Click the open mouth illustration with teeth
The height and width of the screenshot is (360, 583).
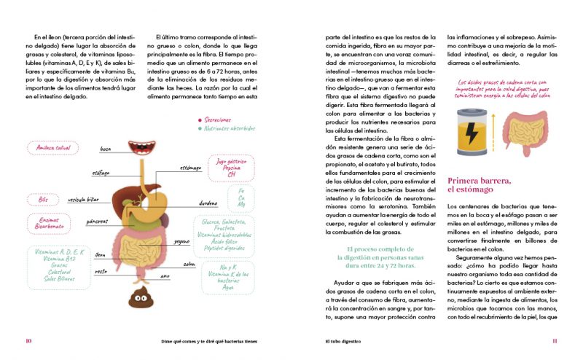(x=141, y=148)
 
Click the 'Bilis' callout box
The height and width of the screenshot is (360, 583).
(x=43, y=199)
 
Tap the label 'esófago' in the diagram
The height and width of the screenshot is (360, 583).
(x=101, y=173)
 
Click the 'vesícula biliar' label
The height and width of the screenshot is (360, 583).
(x=83, y=198)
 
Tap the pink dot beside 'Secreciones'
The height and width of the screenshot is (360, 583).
(x=199, y=120)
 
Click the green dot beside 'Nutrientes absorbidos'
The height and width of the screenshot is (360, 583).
(x=199, y=129)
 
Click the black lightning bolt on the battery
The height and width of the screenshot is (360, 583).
(x=472, y=134)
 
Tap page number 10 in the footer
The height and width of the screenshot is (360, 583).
(x=28, y=340)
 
